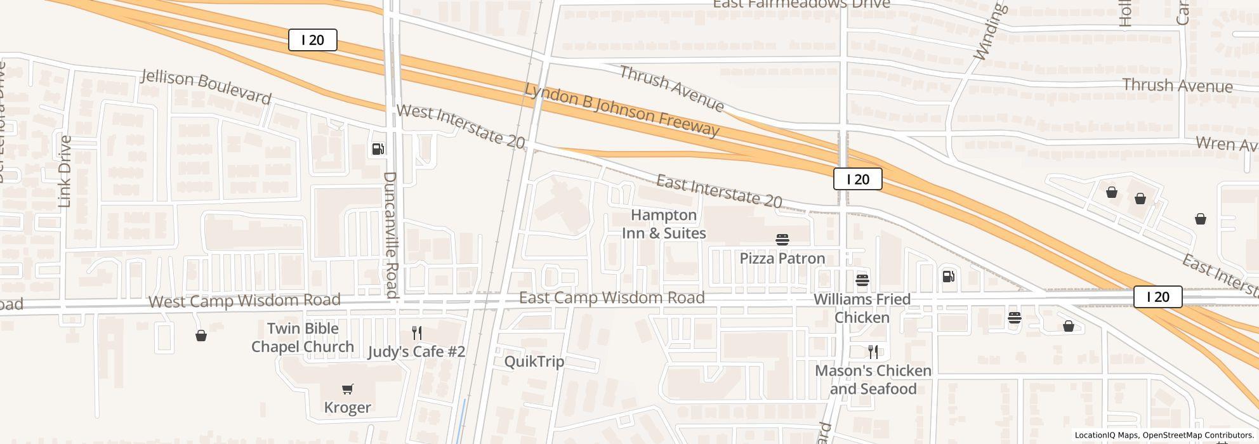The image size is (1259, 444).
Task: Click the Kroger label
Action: coord(347,407)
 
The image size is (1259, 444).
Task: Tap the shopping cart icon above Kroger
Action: coord(347,389)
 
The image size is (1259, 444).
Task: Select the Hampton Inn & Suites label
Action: coord(664,224)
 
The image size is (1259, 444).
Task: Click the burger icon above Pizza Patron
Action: coord(782,240)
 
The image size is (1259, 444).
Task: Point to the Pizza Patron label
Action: coord(782,258)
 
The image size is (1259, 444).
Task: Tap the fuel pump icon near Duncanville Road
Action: coord(378,149)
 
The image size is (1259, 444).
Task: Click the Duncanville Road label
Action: coord(391,235)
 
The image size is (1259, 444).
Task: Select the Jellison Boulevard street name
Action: coord(206,88)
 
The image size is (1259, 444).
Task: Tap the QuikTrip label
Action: coord(534,362)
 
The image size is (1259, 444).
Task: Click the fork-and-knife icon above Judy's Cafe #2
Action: coord(417,333)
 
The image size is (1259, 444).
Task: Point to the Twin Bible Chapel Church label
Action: coord(303,337)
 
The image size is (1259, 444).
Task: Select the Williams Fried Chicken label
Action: coord(862,308)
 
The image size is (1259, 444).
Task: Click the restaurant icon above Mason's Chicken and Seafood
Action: coord(873,352)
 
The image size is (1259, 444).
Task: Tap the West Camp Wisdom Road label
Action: coord(244,300)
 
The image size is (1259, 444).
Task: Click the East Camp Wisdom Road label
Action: coord(612,297)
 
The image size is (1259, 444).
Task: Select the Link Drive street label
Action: coord(65,171)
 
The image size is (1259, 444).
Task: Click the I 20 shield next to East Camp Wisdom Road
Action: coord(1157,297)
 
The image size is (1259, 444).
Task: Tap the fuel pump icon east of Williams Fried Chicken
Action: coord(949,276)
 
